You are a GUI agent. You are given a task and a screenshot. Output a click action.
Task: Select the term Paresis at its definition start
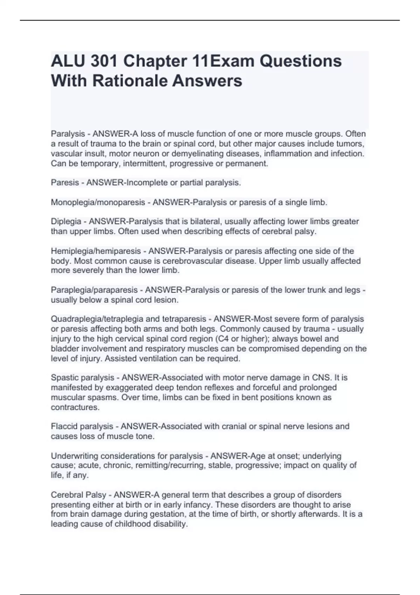pos(65,183)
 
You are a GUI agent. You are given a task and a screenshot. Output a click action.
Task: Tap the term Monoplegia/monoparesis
pos(98,202)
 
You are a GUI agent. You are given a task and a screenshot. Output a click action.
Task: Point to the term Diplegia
pos(66,222)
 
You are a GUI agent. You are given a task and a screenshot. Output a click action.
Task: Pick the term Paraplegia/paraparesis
pos(94,290)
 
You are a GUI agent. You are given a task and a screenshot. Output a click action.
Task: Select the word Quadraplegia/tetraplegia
pos(97,319)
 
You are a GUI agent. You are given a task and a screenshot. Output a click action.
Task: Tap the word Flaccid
pos(64,426)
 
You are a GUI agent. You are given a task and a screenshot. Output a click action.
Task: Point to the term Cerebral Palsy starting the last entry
pos(78,495)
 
